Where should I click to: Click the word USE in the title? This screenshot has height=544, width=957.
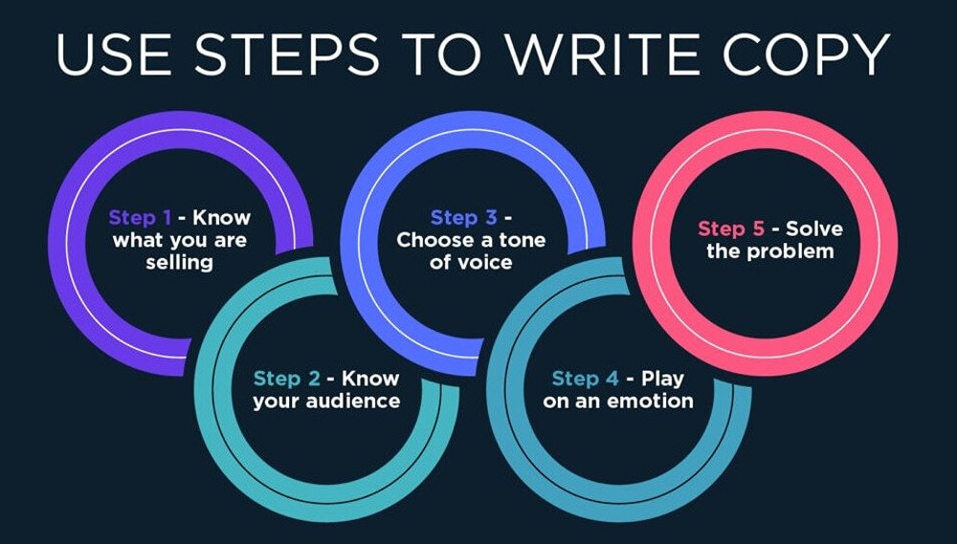(115, 54)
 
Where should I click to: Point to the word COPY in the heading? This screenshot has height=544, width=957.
(806, 54)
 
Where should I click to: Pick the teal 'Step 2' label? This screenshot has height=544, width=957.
(286, 379)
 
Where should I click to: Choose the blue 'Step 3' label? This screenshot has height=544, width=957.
(463, 218)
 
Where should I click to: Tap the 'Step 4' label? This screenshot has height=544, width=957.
(586, 379)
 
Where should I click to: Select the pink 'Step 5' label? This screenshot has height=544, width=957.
(730, 229)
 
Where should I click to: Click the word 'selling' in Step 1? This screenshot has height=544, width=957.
(180, 262)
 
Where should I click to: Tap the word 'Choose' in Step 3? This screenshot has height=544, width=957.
(432, 240)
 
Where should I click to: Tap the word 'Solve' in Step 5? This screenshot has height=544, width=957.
(813, 229)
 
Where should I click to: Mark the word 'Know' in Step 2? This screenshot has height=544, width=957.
(371, 379)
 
